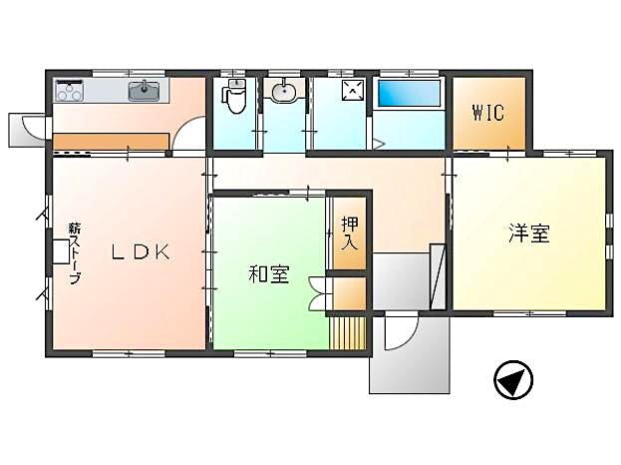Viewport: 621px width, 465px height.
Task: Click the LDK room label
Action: (x=141, y=251)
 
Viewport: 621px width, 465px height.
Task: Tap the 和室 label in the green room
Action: (x=269, y=274)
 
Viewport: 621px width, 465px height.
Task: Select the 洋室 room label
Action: (x=529, y=233)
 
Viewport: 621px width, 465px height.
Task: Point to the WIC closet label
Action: (x=488, y=113)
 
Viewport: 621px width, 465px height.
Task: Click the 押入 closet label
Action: (x=350, y=233)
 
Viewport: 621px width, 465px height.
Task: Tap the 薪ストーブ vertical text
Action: (x=75, y=253)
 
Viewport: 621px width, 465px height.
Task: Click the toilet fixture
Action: (x=235, y=95)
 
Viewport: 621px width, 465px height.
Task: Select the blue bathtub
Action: (x=409, y=93)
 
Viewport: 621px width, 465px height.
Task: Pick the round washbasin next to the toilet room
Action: (x=283, y=91)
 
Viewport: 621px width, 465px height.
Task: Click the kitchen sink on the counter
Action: (x=145, y=91)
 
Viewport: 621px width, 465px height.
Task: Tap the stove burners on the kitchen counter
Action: (x=69, y=91)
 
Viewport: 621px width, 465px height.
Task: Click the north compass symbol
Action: (x=513, y=379)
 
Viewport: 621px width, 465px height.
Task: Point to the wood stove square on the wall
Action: (x=61, y=251)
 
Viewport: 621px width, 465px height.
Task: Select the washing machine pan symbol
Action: (x=353, y=90)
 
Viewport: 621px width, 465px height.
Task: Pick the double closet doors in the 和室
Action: (x=321, y=293)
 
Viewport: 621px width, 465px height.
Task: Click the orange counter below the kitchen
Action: (x=111, y=142)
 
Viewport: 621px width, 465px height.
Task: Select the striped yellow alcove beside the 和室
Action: (x=348, y=333)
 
